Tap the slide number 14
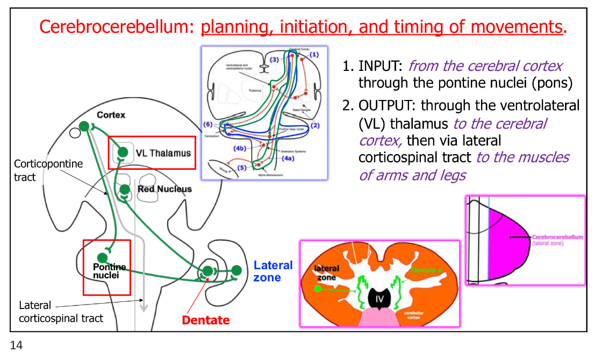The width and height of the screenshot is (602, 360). (16, 345)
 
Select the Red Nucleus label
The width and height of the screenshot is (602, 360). (164, 189)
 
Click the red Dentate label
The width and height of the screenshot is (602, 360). (206, 320)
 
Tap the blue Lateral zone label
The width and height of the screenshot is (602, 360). (273, 271)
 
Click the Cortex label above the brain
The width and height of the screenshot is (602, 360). (111, 115)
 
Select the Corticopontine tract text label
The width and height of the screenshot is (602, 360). (48, 170)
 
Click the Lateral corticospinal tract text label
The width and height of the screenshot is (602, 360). (61, 312)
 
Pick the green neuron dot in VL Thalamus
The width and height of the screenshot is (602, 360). (123, 152)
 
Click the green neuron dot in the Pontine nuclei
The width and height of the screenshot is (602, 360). (102, 257)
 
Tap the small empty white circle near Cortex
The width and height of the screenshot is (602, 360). (75, 133)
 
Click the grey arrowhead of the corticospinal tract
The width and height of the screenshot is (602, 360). (144, 307)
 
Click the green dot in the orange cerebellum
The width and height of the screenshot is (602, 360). (318, 289)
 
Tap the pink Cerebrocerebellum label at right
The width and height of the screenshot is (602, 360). (557, 237)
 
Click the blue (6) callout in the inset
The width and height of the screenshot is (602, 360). (209, 124)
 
